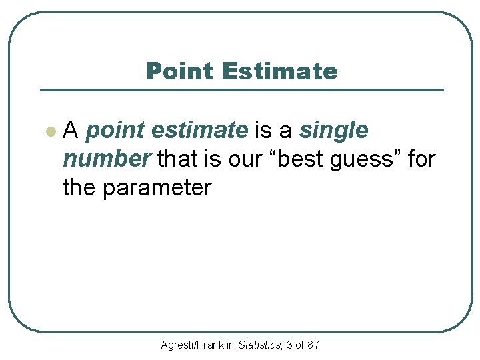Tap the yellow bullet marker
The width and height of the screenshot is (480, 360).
point(49,132)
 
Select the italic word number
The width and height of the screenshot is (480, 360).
point(107,160)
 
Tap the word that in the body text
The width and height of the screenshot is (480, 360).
point(179,160)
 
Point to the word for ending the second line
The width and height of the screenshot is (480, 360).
point(420,160)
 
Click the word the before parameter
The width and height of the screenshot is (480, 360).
point(79,188)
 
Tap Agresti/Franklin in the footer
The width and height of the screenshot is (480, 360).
point(198,345)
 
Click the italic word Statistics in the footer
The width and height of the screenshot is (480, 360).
point(259,345)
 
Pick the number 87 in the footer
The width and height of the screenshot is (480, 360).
point(313,345)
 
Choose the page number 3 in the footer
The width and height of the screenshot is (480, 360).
point(289,345)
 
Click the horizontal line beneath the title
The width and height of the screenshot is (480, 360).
point(241,90)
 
